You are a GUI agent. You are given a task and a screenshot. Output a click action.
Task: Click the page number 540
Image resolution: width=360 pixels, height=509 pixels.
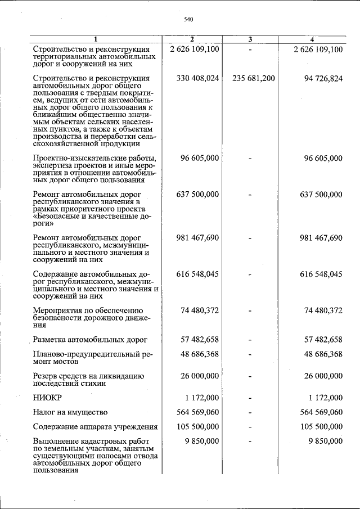pyautogui.click(x=188, y=20)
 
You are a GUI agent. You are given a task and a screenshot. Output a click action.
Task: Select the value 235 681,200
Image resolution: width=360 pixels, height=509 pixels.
pyautogui.click(x=253, y=78)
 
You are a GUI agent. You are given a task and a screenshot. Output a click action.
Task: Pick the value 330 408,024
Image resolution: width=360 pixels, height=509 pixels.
pyautogui.click(x=197, y=78)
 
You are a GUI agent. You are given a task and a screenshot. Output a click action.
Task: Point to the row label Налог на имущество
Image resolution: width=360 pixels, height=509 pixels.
pyautogui.click(x=70, y=413)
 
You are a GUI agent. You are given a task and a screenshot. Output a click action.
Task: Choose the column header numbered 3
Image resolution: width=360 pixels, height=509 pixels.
pyautogui.click(x=250, y=39)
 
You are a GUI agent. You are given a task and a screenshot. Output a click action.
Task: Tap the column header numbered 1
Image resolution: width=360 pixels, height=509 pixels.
pyautogui.click(x=96, y=39)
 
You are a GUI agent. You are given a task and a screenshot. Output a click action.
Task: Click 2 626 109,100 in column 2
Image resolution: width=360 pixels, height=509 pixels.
pyautogui.click(x=194, y=49)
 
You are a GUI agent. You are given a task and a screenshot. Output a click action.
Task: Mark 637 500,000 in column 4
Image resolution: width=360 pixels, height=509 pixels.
pyautogui.click(x=321, y=195)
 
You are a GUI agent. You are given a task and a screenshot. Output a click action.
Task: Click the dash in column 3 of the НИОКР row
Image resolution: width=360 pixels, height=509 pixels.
pyautogui.click(x=250, y=398)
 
